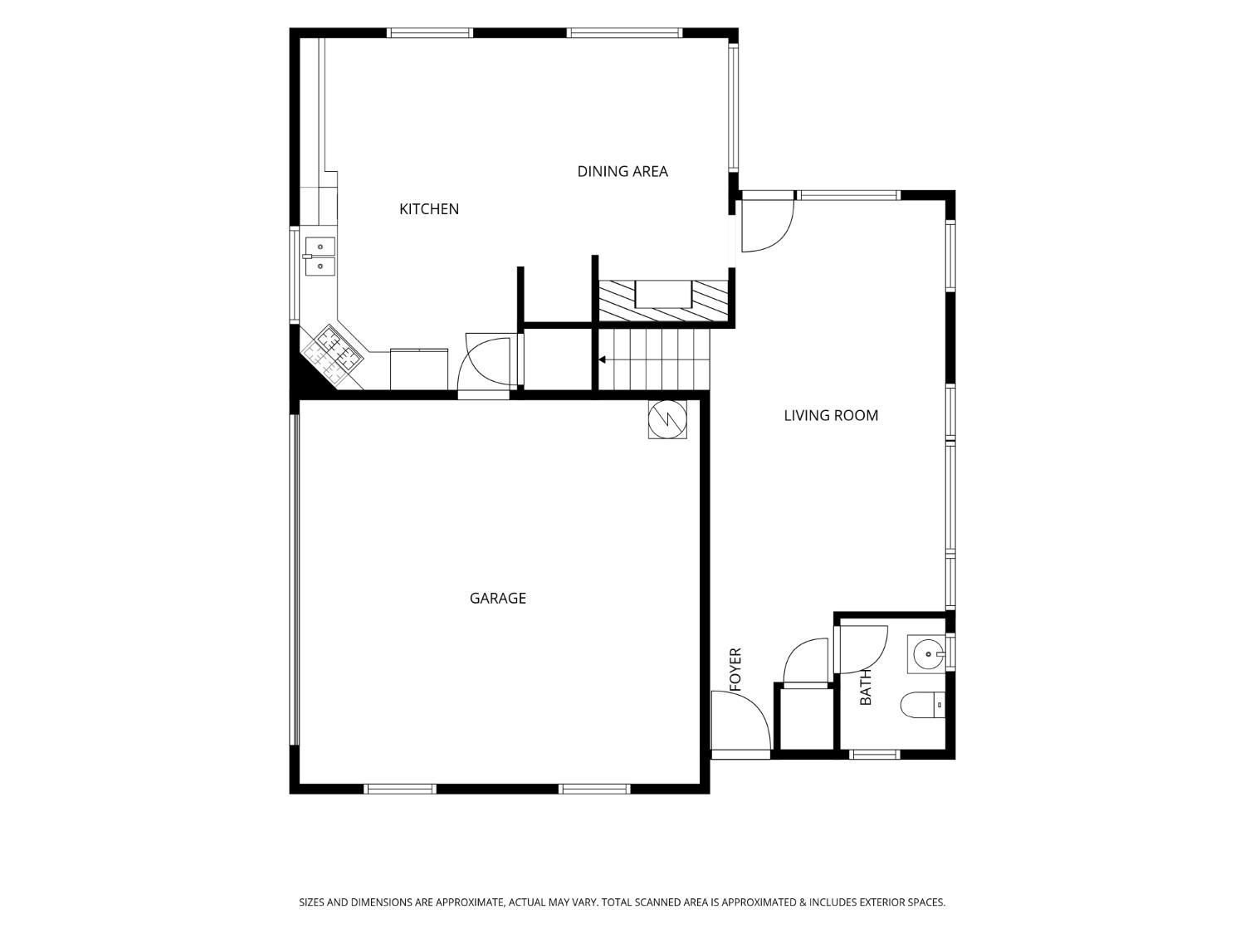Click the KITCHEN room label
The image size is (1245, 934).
tap(429, 209)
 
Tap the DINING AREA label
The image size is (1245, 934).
tap(622, 171)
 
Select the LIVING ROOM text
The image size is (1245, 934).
tap(831, 416)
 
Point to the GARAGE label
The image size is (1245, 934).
tap(497, 599)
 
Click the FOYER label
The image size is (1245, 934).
tap(735, 669)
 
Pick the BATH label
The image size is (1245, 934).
tap(866, 687)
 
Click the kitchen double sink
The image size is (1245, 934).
tap(320, 257)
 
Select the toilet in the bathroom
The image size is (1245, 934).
tap(923, 705)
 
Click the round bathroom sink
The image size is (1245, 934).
tap(927, 654)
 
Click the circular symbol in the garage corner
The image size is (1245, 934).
tap(667, 419)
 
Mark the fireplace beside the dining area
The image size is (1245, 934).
tap(663, 301)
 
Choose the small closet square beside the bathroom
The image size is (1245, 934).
tap(806, 718)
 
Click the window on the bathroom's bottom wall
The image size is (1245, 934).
tap(875, 754)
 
